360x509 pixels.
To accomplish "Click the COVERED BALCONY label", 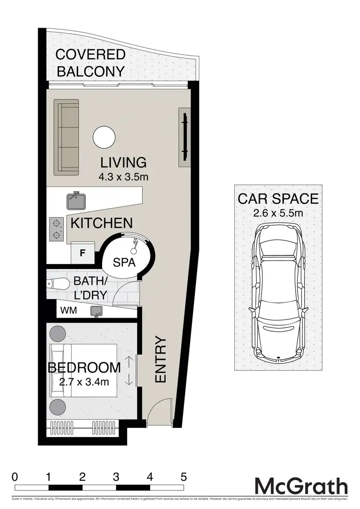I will [90, 63].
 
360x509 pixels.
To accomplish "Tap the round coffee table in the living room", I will [104, 137].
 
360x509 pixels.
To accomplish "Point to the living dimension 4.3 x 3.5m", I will [123, 177].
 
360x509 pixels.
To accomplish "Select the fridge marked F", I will [82, 253].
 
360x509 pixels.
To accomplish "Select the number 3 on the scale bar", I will [116, 477].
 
